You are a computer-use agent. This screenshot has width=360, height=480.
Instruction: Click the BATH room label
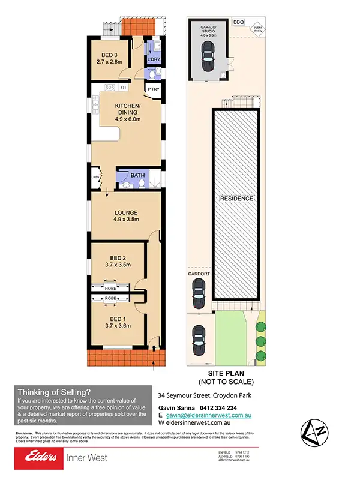139,176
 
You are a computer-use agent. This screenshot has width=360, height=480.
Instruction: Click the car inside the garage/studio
208,56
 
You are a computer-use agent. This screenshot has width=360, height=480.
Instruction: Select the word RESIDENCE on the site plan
236,199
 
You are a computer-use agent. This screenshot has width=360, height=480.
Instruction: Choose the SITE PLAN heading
226,373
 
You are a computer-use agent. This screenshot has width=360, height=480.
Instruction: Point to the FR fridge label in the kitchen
122,88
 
